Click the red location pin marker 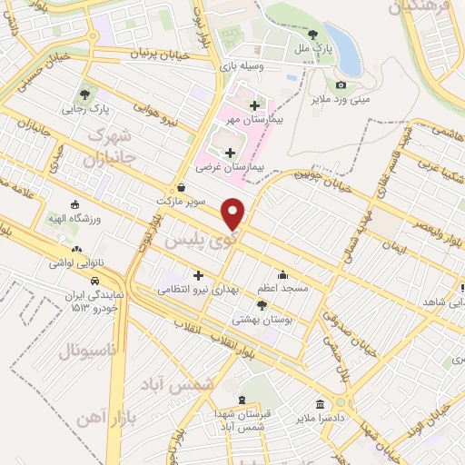[233, 214]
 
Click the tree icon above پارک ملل [312, 34]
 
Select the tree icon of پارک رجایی [84, 94]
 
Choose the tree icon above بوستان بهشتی [262, 304]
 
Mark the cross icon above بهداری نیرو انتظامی [197, 275]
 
